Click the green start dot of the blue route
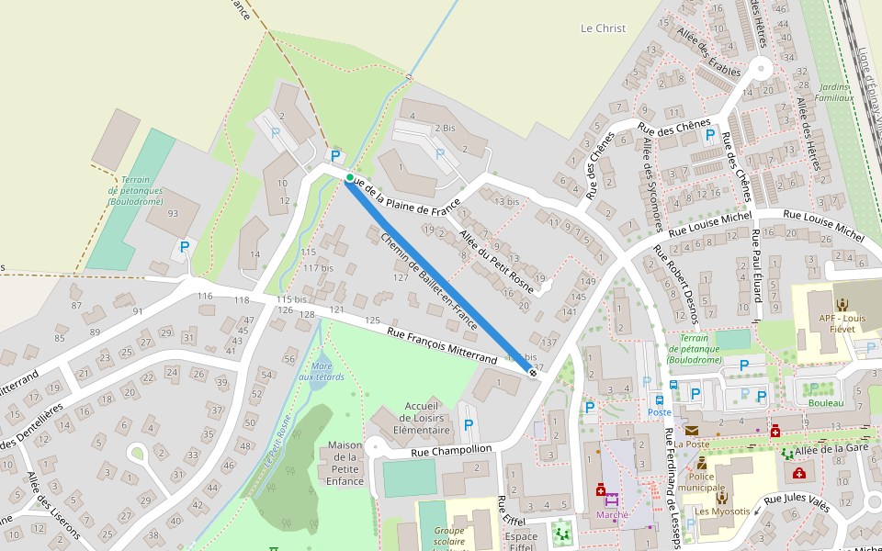[x=350, y=177]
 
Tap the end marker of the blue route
[x=533, y=371]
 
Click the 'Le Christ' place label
[x=603, y=28]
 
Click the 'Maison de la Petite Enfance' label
[x=345, y=463]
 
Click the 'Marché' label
[x=612, y=515]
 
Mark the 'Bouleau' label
[x=825, y=403]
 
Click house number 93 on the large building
[x=172, y=214]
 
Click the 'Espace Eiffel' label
[x=521, y=541]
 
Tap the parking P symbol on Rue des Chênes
[x=709, y=136]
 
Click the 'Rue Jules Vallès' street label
[x=797, y=501]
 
